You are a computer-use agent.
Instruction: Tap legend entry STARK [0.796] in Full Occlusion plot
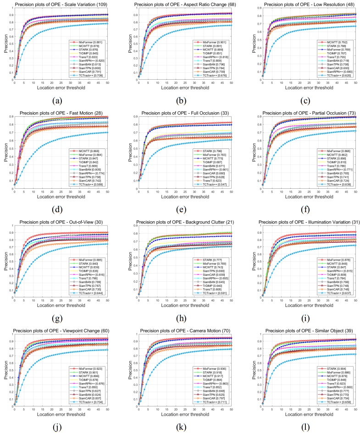click(208, 151)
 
